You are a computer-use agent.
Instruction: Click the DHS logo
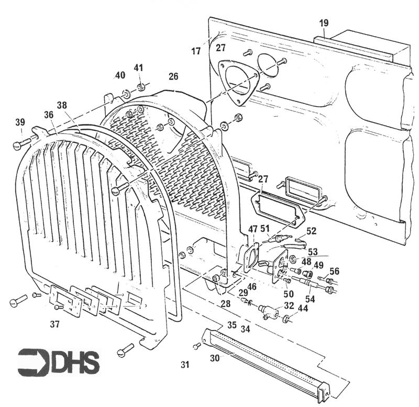click(58, 361)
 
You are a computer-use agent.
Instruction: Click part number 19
click(324, 23)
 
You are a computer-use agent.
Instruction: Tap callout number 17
click(196, 51)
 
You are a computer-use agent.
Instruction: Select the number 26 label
click(173, 76)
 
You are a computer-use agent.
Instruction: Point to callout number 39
click(20, 122)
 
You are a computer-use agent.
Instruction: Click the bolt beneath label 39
click(23, 141)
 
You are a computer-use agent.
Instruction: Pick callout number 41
click(138, 67)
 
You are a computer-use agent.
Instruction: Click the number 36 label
click(49, 114)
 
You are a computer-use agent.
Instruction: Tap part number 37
click(54, 324)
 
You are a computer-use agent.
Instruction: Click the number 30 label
click(214, 358)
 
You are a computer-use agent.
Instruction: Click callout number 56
click(334, 270)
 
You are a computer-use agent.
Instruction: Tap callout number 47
click(252, 229)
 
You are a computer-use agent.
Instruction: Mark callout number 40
click(120, 75)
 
